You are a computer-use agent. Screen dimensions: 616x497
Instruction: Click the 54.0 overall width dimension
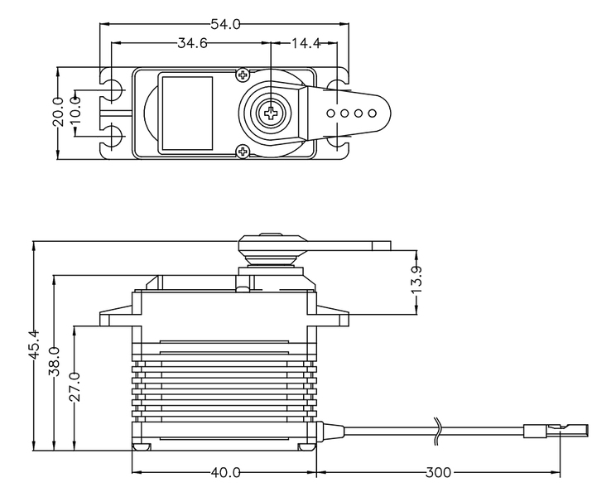coord(225,25)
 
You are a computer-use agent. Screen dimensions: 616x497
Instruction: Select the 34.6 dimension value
coord(192,43)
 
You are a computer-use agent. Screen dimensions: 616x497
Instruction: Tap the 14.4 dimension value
coord(306,43)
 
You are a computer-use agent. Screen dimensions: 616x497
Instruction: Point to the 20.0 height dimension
coord(58,112)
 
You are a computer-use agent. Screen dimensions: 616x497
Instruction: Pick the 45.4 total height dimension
coord(35,344)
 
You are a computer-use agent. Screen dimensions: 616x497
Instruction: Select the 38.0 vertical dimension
coord(54,361)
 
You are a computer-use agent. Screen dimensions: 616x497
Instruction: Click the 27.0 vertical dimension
coord(75,387)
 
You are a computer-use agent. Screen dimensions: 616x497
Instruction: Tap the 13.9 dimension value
coord(416,279)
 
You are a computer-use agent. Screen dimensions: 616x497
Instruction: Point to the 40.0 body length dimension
coord(225,472)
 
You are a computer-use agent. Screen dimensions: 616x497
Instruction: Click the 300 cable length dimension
coord(439,472)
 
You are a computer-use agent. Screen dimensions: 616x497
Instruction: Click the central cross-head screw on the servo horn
coord(271,113)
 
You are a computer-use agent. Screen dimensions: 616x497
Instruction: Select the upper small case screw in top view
coord(243,75)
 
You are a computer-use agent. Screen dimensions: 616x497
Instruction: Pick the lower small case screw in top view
coord(243,151)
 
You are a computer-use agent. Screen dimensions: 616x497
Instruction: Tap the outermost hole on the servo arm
coord(372,113)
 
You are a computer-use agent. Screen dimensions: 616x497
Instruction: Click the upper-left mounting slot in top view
coord(112,89)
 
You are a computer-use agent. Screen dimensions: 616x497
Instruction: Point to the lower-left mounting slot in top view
coord(112,137)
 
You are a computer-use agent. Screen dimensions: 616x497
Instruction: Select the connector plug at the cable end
coord(556,431)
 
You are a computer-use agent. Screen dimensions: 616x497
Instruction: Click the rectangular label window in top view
coord(187,113)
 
